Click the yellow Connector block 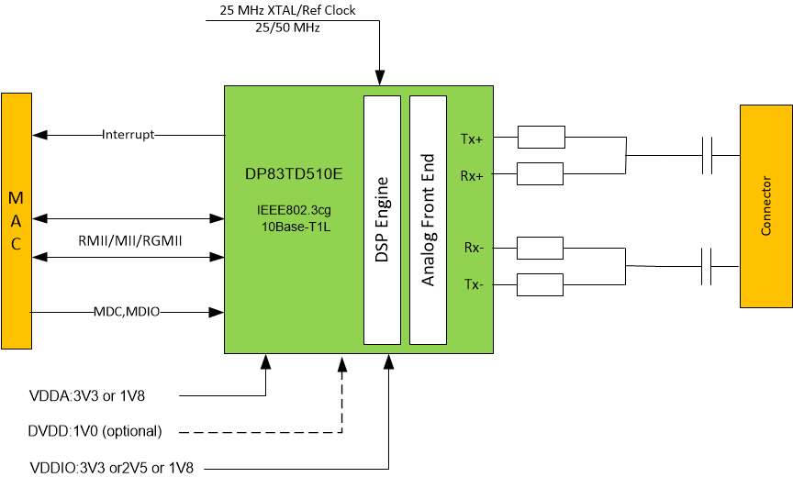pyautogui.click(x=766, y=205)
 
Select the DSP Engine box pyautogui.click(x=383, y=220)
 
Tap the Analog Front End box pyautogui.click(x=428, y=220)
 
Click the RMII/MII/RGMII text pyautogui.click(x=129, y=241)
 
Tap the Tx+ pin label pyautogui.click(x=472, y=139)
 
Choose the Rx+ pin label pyautogui.click(x=472, y=174)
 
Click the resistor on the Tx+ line pyautogui.click(x=542, y=138)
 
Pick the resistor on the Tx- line pyautogui.click(x=542, y=283)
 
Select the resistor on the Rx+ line pyautogui.click(x=542, y=173)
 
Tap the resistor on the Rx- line pyautogui.click(x=542, y=248)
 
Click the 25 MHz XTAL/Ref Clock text pyautogui.click(x=287, y=11)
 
